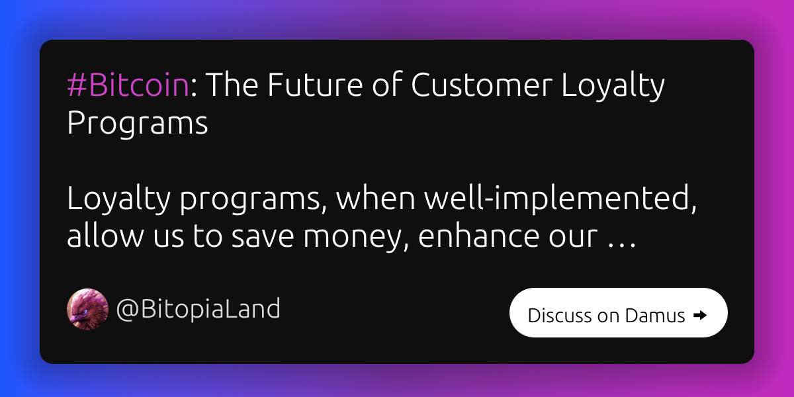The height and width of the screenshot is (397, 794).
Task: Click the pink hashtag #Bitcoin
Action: click(128, 85)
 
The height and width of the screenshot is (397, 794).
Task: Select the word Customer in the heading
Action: click(482, 85)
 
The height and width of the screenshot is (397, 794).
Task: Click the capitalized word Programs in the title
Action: click(137, 124)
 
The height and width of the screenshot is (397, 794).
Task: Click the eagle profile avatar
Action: click(87, 309)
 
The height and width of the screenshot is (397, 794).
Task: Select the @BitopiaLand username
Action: click(198, 309)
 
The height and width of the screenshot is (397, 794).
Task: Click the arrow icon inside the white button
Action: click(700, 315)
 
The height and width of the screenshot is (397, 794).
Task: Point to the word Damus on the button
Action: click(655, 315)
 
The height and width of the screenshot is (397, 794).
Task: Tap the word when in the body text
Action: click(376, 198)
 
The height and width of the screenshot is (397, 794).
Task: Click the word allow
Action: click(105, 236)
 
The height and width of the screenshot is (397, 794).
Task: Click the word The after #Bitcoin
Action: click(232, 85)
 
